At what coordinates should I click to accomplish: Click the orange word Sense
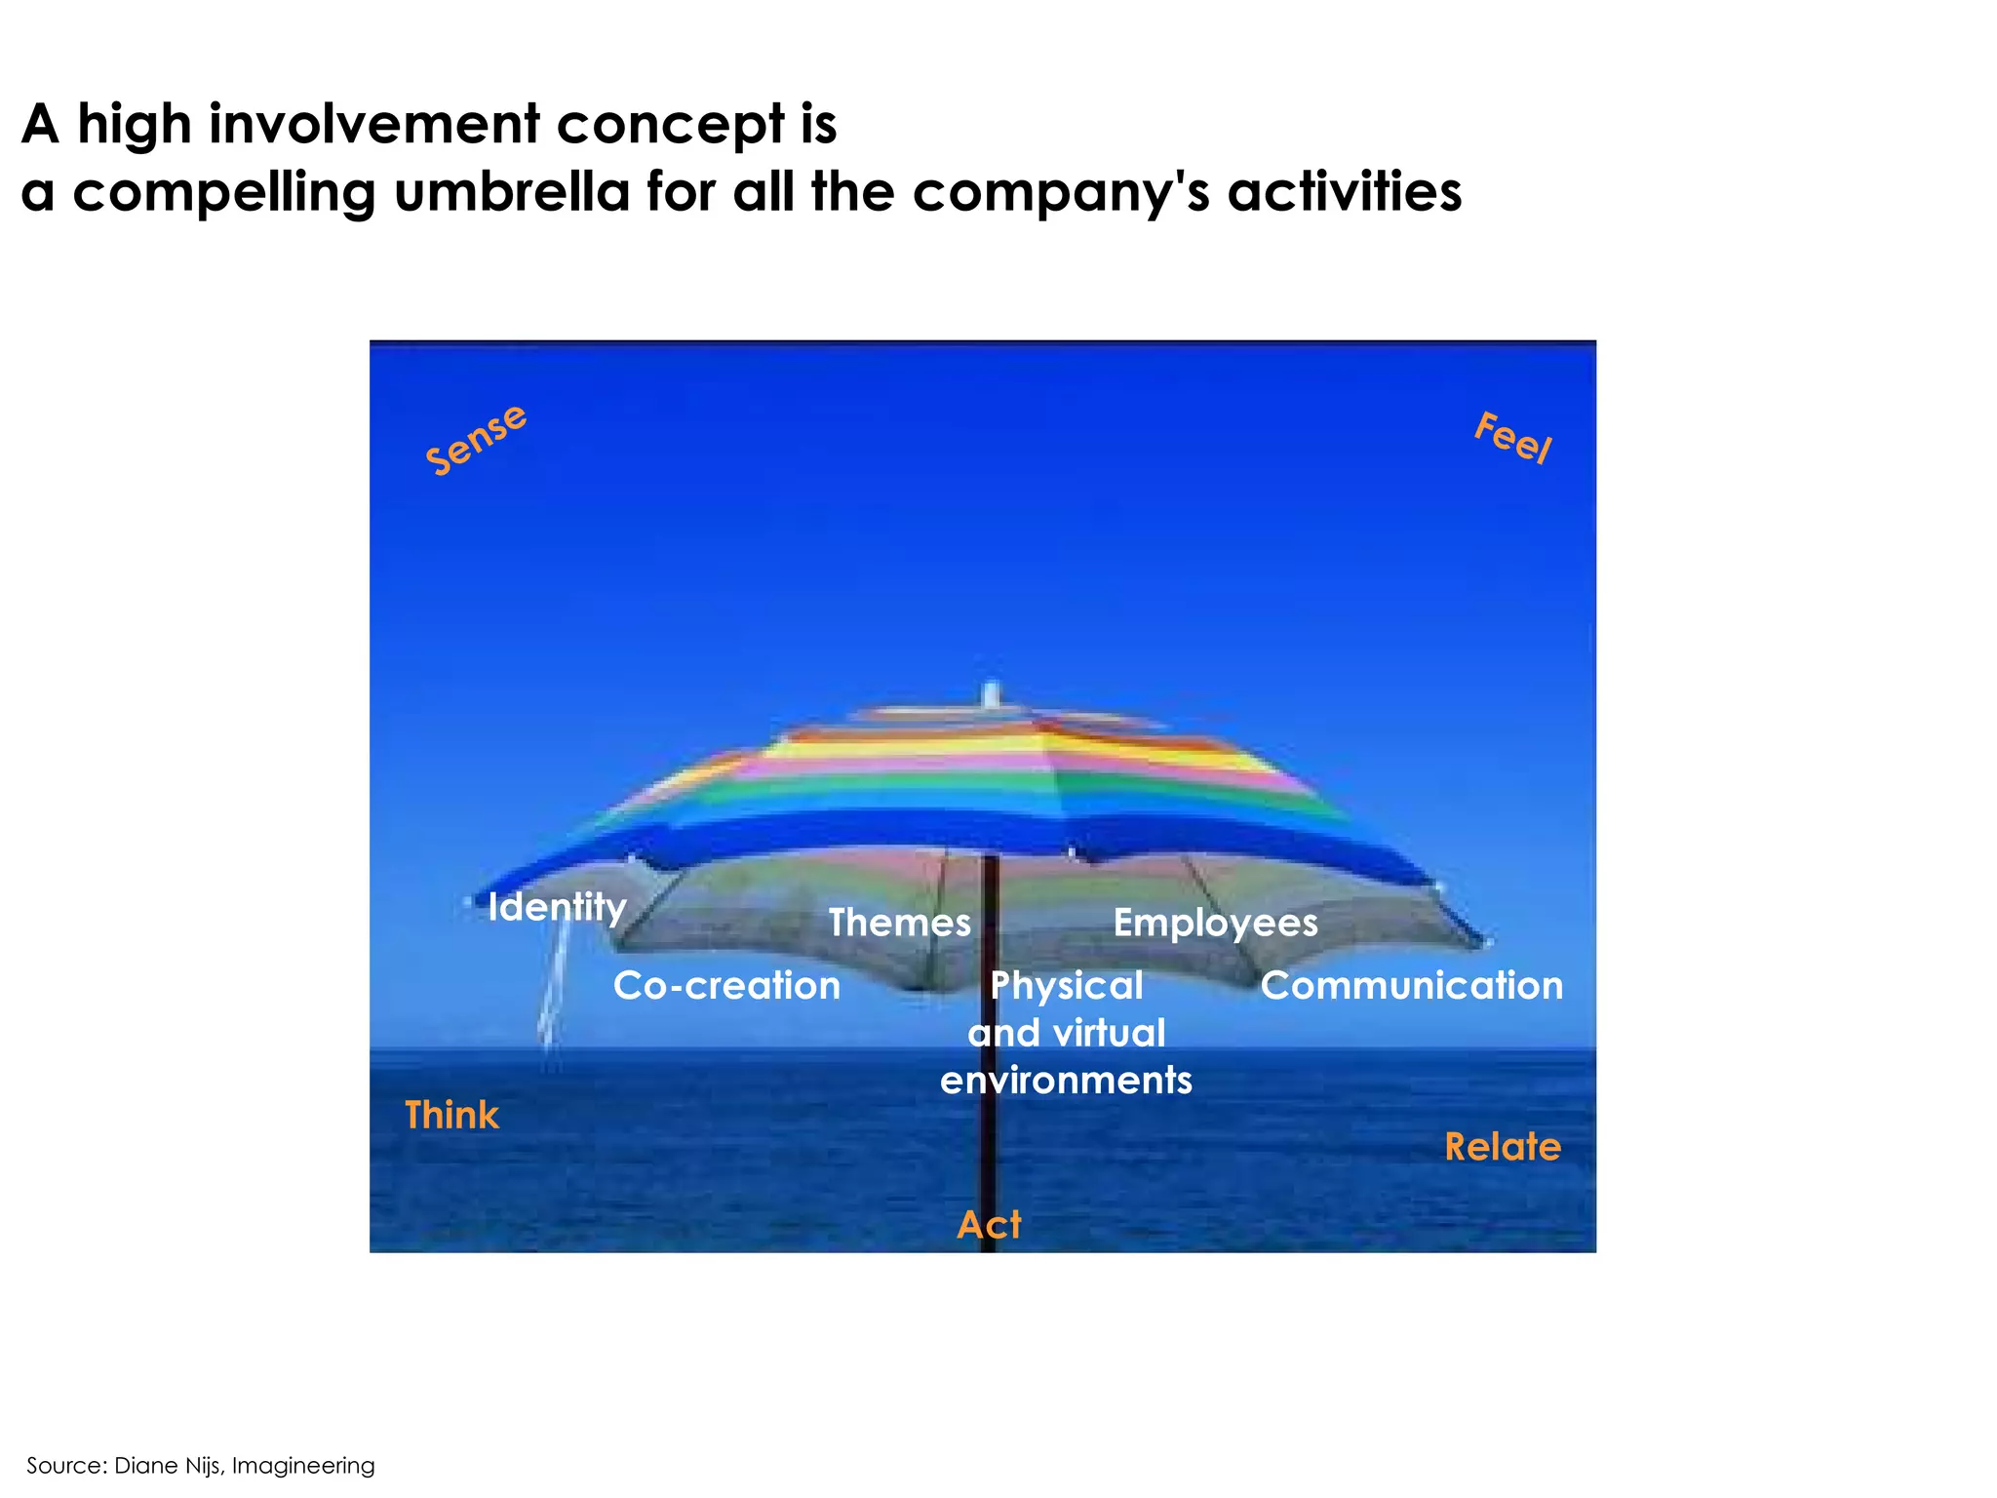(476, 440)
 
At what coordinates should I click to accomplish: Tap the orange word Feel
(1512, 438)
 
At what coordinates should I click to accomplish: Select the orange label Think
(451, 1115)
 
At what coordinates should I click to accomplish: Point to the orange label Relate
(1503, 1147)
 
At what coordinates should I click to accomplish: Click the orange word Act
(989, 1225)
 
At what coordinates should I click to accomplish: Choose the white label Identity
(557, 908)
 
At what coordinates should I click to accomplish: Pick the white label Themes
(899, 923)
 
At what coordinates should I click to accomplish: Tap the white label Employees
(1215, 924)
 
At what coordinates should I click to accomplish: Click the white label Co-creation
(726, 986)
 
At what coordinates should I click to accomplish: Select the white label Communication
(1411, 986)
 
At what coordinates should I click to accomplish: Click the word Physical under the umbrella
(1067, 986)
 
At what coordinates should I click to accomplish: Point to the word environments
(1066, 1081)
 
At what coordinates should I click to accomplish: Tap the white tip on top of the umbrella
(991, 694)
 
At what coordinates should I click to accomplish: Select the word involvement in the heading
(375, 124)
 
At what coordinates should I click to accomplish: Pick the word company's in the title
(1062, 192)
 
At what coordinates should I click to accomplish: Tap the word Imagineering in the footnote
(303, 1466)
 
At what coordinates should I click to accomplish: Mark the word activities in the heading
(1345, 191)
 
